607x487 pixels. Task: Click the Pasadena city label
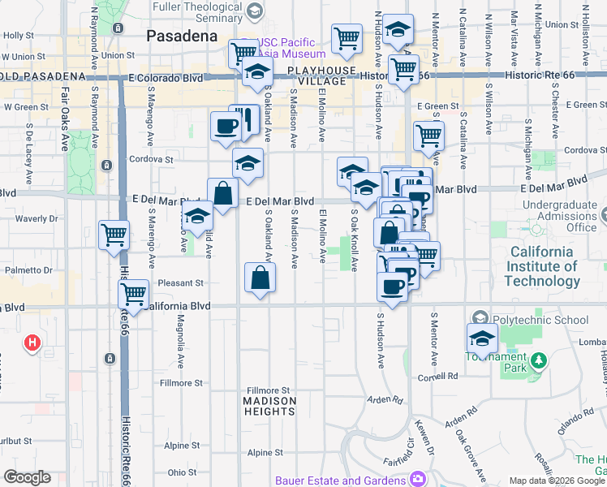[x=182, y=37]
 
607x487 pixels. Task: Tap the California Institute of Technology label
[x=542, y=266]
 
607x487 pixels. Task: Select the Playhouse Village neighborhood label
[x=322, y=76]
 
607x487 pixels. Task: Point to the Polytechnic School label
[x=540, y=320]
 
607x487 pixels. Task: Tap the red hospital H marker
[x=32, y=343]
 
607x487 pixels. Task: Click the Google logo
[x=27, y=477]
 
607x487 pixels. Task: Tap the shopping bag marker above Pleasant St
[x=259, y=278]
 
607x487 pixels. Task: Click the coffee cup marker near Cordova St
[x=225, y=126]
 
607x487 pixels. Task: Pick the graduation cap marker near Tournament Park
[x=482, y=338]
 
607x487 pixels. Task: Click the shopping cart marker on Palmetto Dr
[x=114, y=235]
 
